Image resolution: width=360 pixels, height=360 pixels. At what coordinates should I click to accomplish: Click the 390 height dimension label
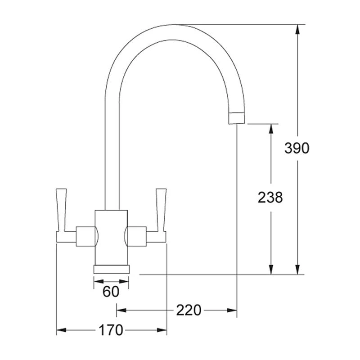297,148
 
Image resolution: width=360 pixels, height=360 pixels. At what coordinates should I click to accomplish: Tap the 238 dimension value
270,197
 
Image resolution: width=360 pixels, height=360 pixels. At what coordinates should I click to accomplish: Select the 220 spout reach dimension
189,310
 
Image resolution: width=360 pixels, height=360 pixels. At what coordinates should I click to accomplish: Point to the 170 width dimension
110,331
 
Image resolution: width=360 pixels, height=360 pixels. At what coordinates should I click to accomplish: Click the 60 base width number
111,292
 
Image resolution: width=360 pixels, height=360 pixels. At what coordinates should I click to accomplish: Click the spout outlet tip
237,117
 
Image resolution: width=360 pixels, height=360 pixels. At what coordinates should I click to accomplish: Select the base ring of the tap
111,269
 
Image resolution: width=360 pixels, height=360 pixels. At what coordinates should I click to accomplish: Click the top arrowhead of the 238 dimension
270,129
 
